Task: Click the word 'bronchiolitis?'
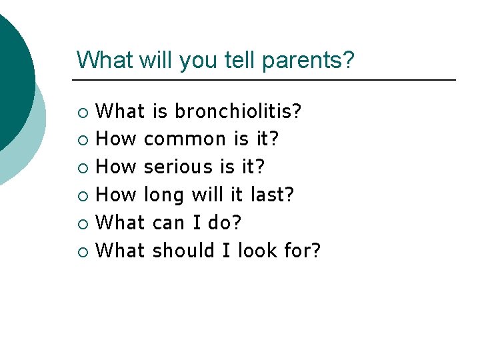click(238, 111)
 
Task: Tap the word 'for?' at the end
click(303, 251)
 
